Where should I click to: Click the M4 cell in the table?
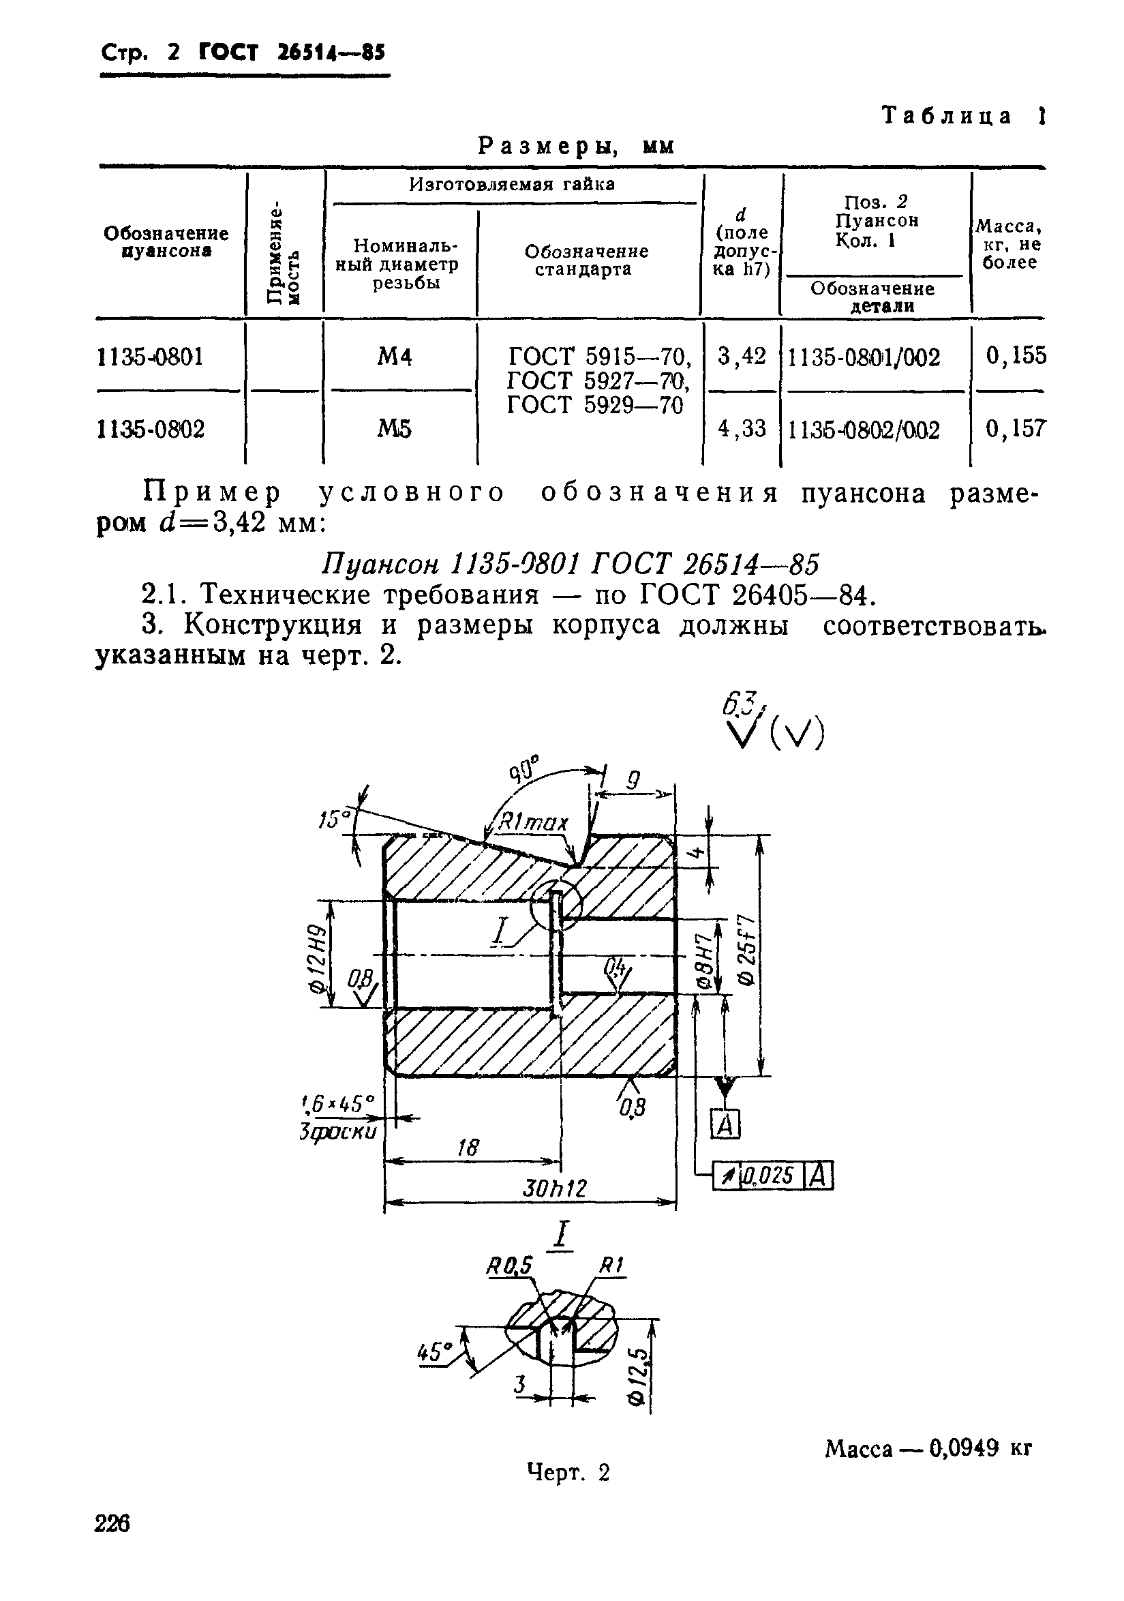[395, 357]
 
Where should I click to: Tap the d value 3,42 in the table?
[742, 357]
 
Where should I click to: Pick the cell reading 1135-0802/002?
[864, 430]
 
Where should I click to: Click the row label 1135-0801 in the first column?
[151, 357]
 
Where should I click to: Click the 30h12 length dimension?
[555, 1188]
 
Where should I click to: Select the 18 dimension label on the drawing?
[468, 1147]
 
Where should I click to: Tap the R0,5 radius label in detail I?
[509, 1266]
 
